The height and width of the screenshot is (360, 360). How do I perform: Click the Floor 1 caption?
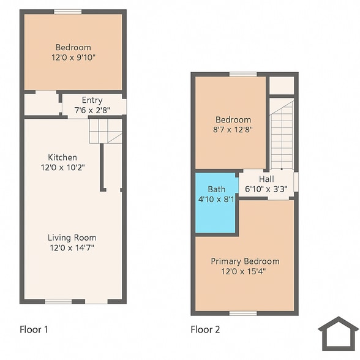(34, 329)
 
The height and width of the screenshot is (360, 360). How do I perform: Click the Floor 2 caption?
(205, 329)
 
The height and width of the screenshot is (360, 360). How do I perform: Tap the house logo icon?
(338, 333)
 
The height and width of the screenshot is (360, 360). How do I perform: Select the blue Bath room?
(216, 203)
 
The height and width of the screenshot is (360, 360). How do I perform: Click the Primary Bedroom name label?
(245, 261)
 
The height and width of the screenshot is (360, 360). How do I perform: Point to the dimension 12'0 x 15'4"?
(245, 271)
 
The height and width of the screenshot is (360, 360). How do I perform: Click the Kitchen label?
(62, 157)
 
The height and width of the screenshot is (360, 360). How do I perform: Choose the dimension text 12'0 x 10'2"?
(62, 167)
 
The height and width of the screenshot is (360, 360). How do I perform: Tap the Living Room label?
(72, 238)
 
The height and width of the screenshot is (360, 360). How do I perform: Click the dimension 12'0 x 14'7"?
(72, 247)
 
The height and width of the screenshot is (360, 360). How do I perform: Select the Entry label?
(92, 100)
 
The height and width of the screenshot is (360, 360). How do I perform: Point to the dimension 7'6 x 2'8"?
(92, 110)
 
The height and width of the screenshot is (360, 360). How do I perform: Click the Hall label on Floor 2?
(266, 179)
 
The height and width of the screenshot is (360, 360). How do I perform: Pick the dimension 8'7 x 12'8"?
(233, 130)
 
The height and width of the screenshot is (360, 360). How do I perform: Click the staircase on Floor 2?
(282, 135)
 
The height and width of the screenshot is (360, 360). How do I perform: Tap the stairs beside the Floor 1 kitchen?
(105, 131)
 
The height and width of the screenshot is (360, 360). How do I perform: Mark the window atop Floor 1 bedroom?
(67, 12)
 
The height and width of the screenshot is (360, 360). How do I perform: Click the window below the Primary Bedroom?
(243, 313)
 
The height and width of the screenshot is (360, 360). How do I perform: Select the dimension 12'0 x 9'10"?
(73, 57)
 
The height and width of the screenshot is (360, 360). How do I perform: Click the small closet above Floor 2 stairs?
(282, 85)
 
